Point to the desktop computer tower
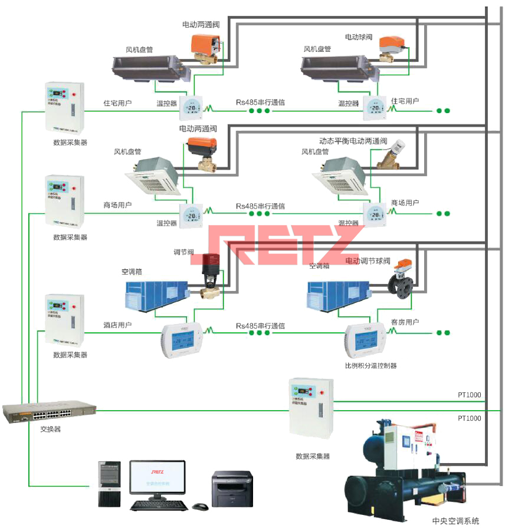click(x=109, y=484)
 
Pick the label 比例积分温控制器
click(x=370, y=366)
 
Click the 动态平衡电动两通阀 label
click(x=353, y=141)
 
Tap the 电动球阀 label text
click(x=359, y=37)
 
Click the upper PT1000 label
click(x=470, y=395)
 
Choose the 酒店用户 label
click(x=117, y=325)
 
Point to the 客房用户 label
click(x=405, y=322)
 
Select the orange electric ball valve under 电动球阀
click(x=390, y=47)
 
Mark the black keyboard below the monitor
click(x=159, y=505)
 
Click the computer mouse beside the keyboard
click(x=200, y=506)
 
